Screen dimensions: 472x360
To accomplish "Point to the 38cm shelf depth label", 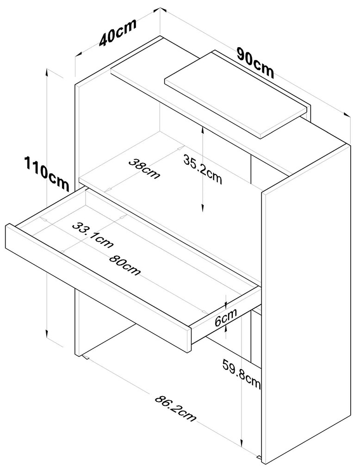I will pyautogui.click(x=144, y=168).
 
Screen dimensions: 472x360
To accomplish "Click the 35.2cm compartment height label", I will pyautogui.click(x=203, y=169).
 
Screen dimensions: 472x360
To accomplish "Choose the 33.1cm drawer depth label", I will pyautogui.click(x=93, y=234).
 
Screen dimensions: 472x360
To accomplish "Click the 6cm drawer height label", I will pyautogui.click(x=226, y=318).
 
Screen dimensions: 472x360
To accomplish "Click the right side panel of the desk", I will pyautogui.click(x=305, y=301).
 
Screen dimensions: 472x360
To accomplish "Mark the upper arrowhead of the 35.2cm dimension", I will pyautogui.click(x=203, y=132).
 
